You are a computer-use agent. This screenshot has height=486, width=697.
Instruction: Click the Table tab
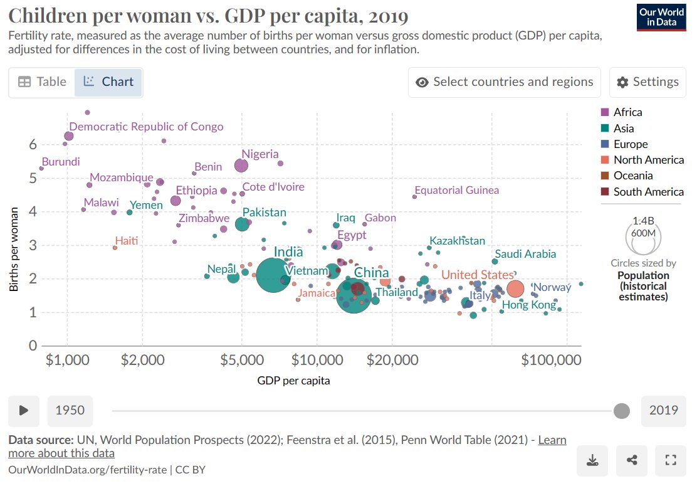pos(42,82)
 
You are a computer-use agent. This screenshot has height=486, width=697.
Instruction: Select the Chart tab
pos(108,82)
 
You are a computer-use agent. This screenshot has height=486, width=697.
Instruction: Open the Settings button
pos(647,82)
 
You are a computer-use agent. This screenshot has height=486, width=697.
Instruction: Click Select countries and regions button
pos(504,82)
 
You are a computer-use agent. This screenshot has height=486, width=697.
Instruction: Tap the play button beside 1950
pos(24,411)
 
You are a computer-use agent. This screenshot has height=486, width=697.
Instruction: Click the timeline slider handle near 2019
pos(621,411)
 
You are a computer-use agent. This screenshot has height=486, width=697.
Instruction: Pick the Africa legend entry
pos(627,112)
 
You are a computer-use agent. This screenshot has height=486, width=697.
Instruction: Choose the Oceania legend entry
pos(632,176)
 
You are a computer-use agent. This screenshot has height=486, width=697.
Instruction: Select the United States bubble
pos(515,288)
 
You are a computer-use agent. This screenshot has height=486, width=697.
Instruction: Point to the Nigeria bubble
pos(241,166)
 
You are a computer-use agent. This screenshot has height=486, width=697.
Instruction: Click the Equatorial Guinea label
pos(457,190)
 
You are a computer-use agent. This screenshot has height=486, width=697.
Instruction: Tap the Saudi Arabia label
pos(525,254)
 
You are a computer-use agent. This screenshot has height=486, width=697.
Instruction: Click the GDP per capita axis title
pos(293,381)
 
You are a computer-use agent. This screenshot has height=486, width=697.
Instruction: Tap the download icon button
pos(592,461)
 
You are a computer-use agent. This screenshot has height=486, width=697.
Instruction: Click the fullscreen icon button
pos(670,461)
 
